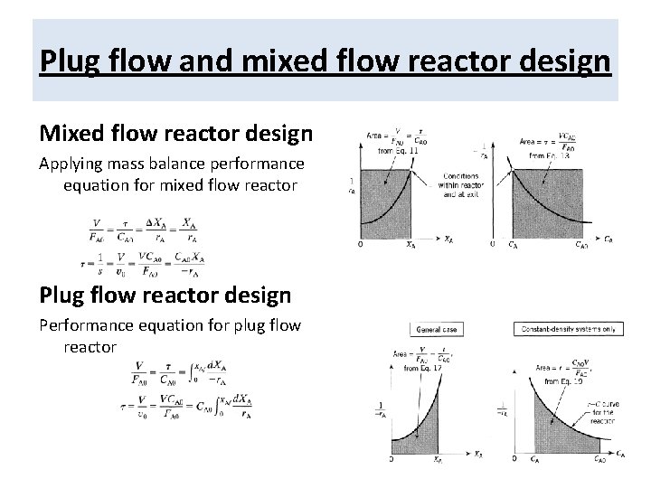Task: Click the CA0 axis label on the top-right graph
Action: coord(583,243)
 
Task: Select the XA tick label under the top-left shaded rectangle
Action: coord(411,243)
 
